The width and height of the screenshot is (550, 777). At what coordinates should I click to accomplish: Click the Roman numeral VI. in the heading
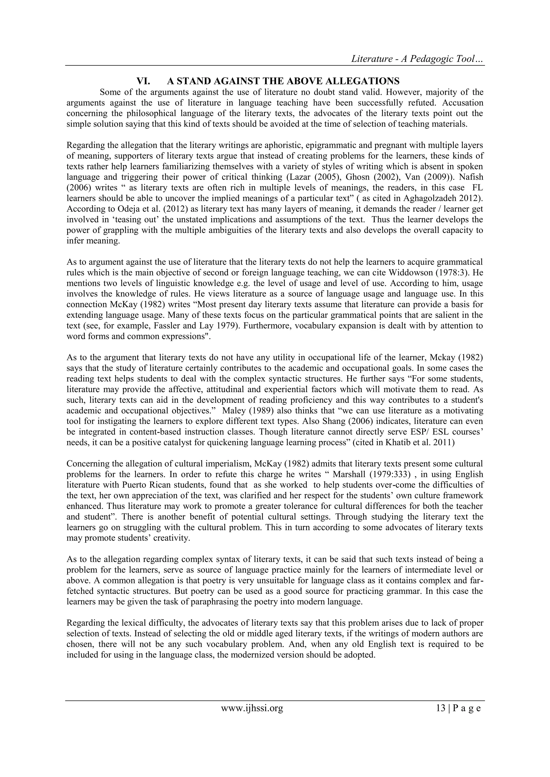(143, 81)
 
